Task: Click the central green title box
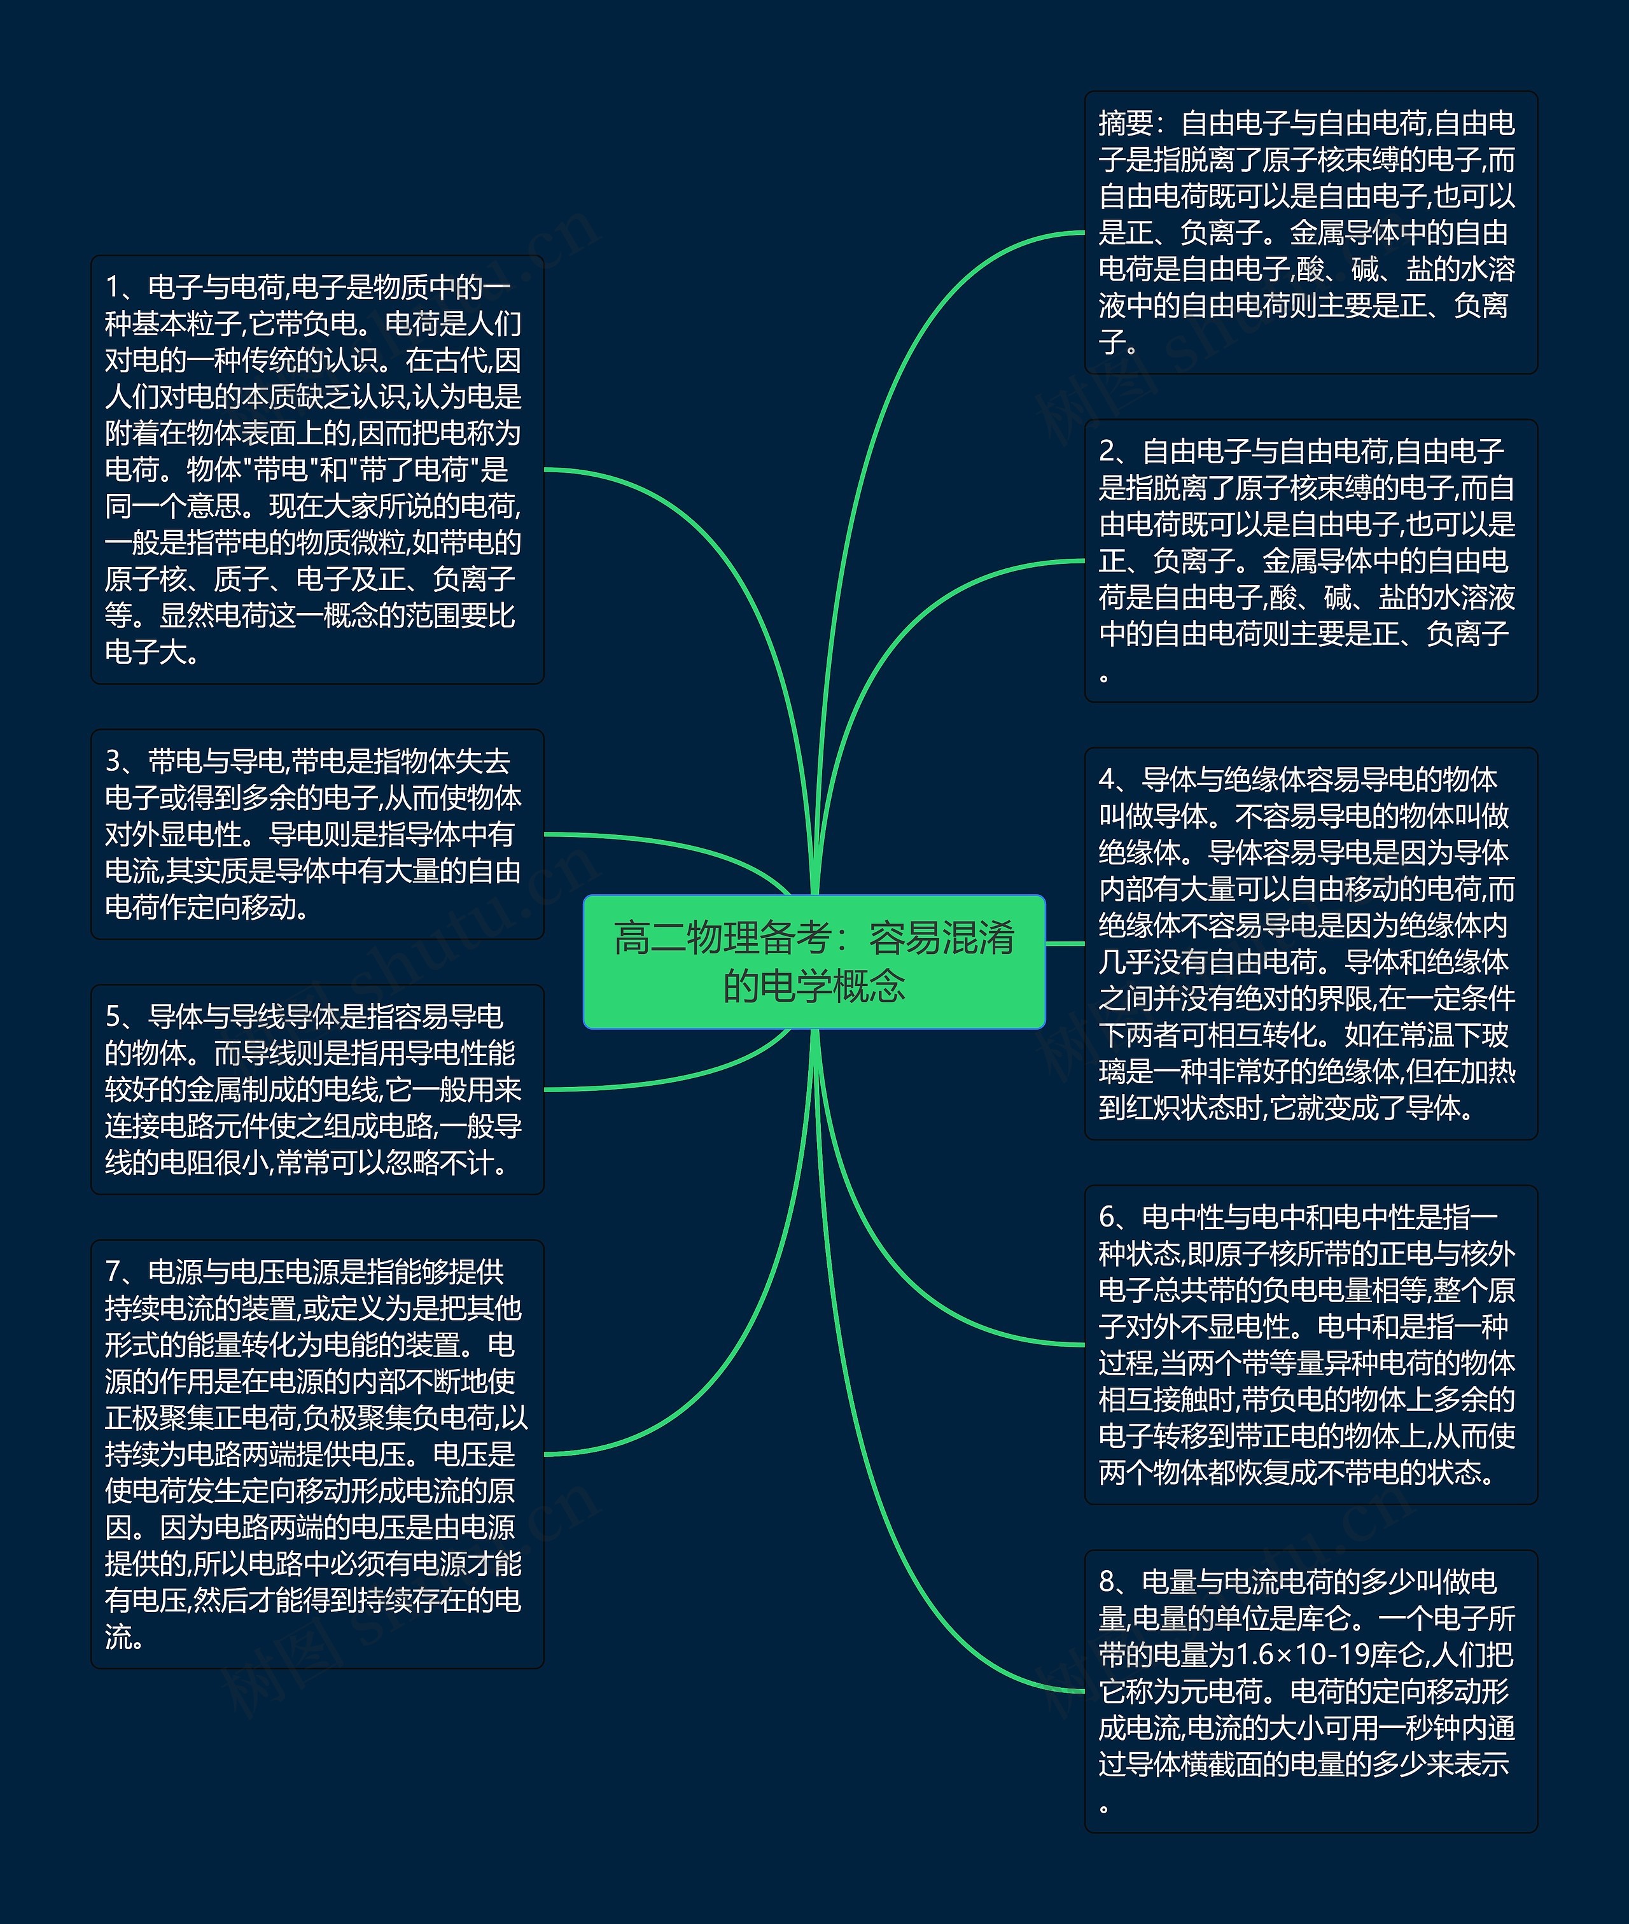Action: (x=814, y=960)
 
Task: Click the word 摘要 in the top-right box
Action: (x=1126, y=123)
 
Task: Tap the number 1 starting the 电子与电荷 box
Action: (x=113, y=287)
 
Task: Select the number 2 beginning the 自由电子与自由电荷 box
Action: (x=1107, y=452)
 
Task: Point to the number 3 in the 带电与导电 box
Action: (x=113, y=761)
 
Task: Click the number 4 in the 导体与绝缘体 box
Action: (x=1107, y=780)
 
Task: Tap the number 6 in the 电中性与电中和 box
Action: (x=1107, y=1218)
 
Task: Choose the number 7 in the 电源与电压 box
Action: (x=113, y=1272)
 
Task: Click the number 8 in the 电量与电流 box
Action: (x=1107, y=1582)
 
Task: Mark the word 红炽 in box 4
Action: (x=1152, y=1107)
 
